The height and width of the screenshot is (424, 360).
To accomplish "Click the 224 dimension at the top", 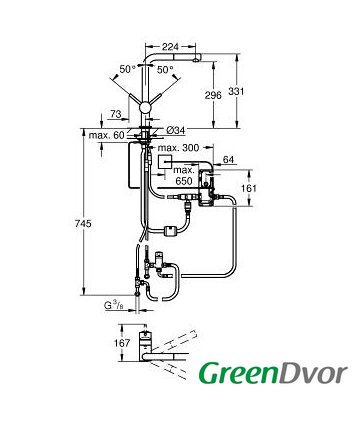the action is (x=170, y=47).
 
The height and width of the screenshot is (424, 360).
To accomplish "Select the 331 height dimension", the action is (x=236, y=91).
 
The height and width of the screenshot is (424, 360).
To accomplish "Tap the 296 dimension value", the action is (x=213, y=95).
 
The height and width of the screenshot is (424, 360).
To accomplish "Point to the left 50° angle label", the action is (x=128, y=69).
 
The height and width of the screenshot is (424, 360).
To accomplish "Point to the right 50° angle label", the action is (x=165, y=70).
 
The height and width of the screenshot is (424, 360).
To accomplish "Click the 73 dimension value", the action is (x=115, y=114).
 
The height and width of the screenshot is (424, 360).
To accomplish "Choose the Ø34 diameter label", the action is (x=175, y=131).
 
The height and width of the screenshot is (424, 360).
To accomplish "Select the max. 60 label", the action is (x=106, y=135).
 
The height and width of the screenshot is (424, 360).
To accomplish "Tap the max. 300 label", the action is (x=178, y=148).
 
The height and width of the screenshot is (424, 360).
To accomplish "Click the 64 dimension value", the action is (x=228, y=160).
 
